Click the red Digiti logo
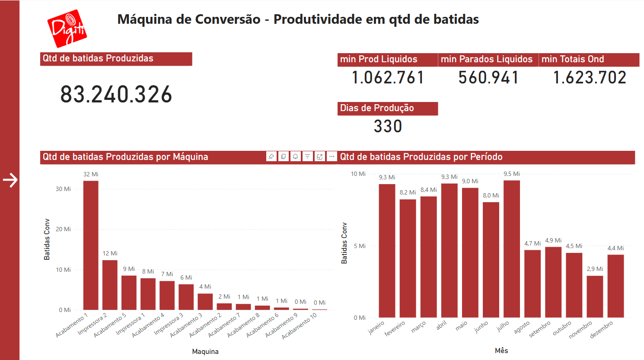(x=67, y=29)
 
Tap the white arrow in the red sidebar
(x=10, y=180)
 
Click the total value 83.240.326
(x=116, y=94)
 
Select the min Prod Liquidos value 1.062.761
(x=388, y=78)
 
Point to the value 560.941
(x=488, y=78)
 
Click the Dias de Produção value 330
(x=388, y=126)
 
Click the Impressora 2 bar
(x=110, y=285)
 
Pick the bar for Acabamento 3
(x=205, y=302)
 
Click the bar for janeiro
(x=387, y=251)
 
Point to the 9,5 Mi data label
(x=512, y=174)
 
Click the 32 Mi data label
(x=91, y=174)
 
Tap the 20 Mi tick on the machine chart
(x=63, y=229)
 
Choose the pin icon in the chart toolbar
(x=271, y=156)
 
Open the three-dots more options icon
(x=332, y=156)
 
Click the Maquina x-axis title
(x=205, y=351)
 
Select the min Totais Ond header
(x=573, y=59)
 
